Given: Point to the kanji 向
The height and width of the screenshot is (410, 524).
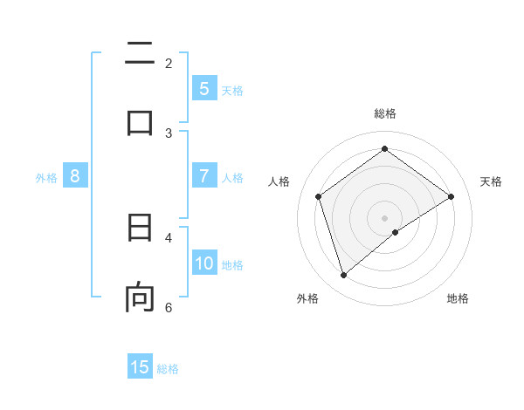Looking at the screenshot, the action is pos(140,297).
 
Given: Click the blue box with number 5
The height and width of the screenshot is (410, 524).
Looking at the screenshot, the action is pos(203,89).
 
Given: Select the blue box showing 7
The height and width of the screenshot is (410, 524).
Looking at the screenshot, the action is pos(203,176).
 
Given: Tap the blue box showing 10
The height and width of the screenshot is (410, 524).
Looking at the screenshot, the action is pos(204,263).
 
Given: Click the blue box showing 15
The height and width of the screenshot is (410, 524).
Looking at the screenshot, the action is pos(140,367).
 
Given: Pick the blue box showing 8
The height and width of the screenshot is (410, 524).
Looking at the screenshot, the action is pos(75,176).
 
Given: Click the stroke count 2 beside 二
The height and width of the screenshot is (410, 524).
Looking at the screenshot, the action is pos(169,63).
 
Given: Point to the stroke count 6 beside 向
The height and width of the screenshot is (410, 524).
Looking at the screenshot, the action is pos(169,307).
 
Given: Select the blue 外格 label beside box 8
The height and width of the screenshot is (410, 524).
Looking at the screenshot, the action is pos(46,178).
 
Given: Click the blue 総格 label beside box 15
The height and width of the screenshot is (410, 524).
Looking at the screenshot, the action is pos(168,369).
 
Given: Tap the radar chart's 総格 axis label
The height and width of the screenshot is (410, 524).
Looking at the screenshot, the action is pos(385,113).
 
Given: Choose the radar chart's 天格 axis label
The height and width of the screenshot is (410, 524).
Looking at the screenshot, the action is pos(491,181).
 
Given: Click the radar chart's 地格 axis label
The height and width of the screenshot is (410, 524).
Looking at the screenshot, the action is pos(458,298).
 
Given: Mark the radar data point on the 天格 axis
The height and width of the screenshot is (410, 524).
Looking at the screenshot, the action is pos(452,196).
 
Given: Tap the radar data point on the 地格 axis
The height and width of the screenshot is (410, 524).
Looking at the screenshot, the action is pos(396,232).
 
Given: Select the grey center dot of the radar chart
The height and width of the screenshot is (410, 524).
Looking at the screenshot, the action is pos(385,217).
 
